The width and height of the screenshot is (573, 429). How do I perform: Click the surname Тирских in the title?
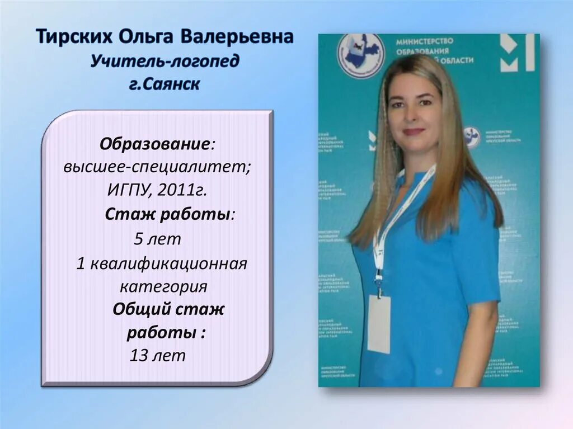click(73, 38)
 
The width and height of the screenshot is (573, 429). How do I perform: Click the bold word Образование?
click(154, 144)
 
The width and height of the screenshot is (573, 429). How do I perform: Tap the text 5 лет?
click(158, 239)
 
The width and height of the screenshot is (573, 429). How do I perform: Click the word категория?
click(164, 286)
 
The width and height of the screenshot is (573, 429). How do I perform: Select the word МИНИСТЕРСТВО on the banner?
click(424, 41)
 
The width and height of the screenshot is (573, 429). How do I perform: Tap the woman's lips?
click(414, 132)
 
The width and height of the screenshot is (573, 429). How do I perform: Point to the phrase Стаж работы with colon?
click(170, 215)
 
